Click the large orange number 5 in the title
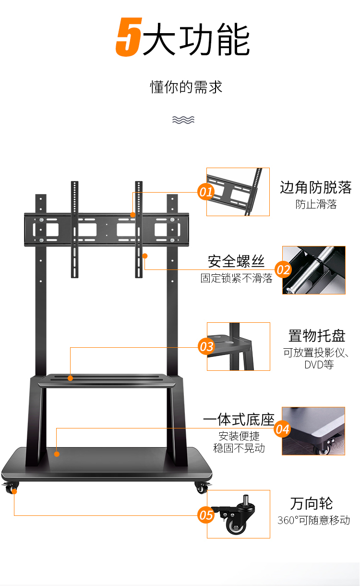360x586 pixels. click(x=129, y=37)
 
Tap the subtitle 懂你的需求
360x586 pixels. click(x=186, y=87)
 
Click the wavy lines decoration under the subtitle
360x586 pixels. click(x=183, y=120)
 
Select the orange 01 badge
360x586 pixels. click(x=206, y=192)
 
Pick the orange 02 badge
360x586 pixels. click(x=283, y=270)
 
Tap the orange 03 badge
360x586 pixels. click(x=206, y=347)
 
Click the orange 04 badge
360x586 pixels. click(x=282, y=429)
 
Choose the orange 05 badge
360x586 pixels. click(x=206, y=515)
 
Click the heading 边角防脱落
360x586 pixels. click(x=315, y=187)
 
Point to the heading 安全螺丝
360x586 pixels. click(x=236, y=261)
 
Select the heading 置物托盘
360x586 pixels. click(x=317, y=336)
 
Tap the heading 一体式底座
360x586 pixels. click(x=239, y=420)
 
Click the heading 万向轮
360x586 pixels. click(x=312, y=503)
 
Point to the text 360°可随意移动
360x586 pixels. click(x=313, y=520)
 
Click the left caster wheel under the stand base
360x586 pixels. click(x=11, y=488)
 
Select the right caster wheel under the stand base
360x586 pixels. click(x=202, y=488)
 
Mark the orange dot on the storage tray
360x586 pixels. click(x=70, y=378)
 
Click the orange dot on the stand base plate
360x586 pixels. click(x=57, y=454)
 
